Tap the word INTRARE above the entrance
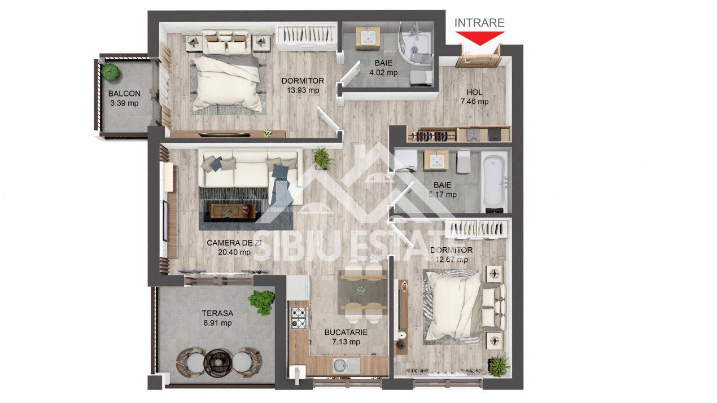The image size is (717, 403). (479, 23)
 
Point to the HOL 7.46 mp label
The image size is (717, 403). (474, 97)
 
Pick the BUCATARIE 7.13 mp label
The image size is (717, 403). (346, 337)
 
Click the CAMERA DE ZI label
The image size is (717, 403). (234, 247)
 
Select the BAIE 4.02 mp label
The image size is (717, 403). (383, 67)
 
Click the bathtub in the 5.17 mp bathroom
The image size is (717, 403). (495, 182)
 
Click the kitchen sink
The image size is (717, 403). (340, 365)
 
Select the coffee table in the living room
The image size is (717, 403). (232, 211)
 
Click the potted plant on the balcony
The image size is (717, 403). (111, 72)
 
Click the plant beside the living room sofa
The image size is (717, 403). (322, 157)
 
